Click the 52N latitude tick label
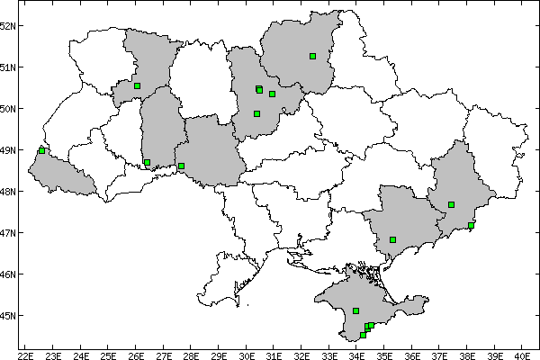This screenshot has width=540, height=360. [9, 25]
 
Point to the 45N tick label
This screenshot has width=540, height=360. [9, 315]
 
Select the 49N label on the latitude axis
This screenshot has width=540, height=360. [9, 149]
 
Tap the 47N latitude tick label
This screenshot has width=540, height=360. [9, 232]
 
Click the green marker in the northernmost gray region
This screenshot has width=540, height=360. [312, 56]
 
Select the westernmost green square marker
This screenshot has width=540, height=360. [41, 150]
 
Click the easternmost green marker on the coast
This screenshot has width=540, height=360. [471, 225]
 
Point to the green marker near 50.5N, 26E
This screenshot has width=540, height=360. [137, 86]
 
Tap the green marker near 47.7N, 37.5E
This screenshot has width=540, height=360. [451, 204]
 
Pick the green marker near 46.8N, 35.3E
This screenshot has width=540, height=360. [392, 239]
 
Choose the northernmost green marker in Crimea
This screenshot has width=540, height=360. [356, 310]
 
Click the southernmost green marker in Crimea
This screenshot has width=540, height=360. [363, 335]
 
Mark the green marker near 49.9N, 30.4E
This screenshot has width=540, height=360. [256, 113]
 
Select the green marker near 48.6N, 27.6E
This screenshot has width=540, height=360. [181, 166]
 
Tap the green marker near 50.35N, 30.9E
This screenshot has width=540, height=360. [272, 94]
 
